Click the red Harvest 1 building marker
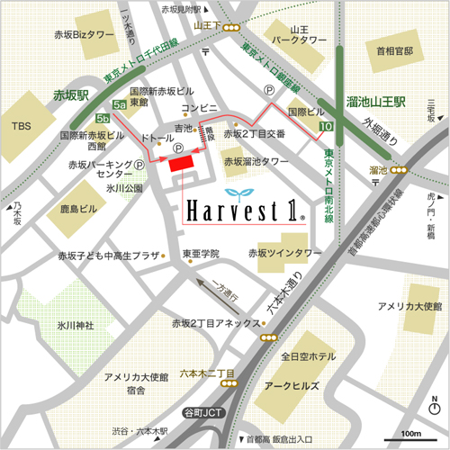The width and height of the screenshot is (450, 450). click(x=180, y=161)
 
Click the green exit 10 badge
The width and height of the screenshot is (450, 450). click(x=324, y=130)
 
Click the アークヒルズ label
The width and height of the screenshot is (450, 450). click(x=282, y=384)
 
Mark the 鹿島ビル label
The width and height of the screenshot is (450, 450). click(x=78, y=209)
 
